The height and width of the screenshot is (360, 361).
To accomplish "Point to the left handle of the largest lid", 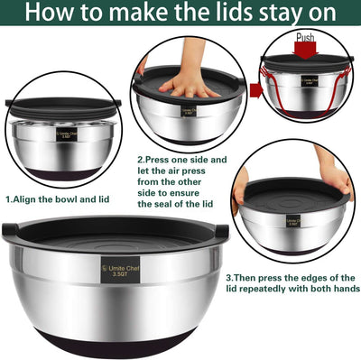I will click(8, 229).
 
